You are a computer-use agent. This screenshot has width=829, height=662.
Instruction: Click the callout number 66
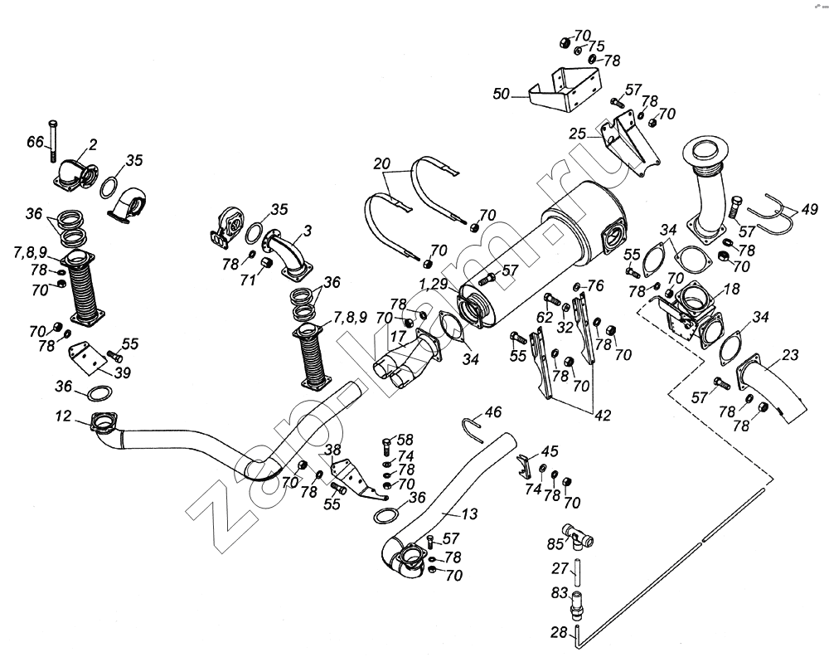pos(35,142)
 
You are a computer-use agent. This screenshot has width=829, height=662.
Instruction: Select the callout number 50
pos(501,95)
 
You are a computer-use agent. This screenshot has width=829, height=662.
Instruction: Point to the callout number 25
pos(578,133)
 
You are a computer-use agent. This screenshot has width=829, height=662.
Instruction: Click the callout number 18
pos(730,288)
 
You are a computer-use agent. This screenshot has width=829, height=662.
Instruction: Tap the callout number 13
pos(469,514)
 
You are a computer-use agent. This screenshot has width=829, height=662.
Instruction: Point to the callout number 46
pos(493,411)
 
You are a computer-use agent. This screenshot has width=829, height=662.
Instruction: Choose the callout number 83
pos(560,593)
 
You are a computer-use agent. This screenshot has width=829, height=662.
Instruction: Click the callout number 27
pos(560,569)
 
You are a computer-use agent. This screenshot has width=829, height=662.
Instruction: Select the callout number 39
pos(122,372)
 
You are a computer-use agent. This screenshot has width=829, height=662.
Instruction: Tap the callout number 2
pos(94,144)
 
